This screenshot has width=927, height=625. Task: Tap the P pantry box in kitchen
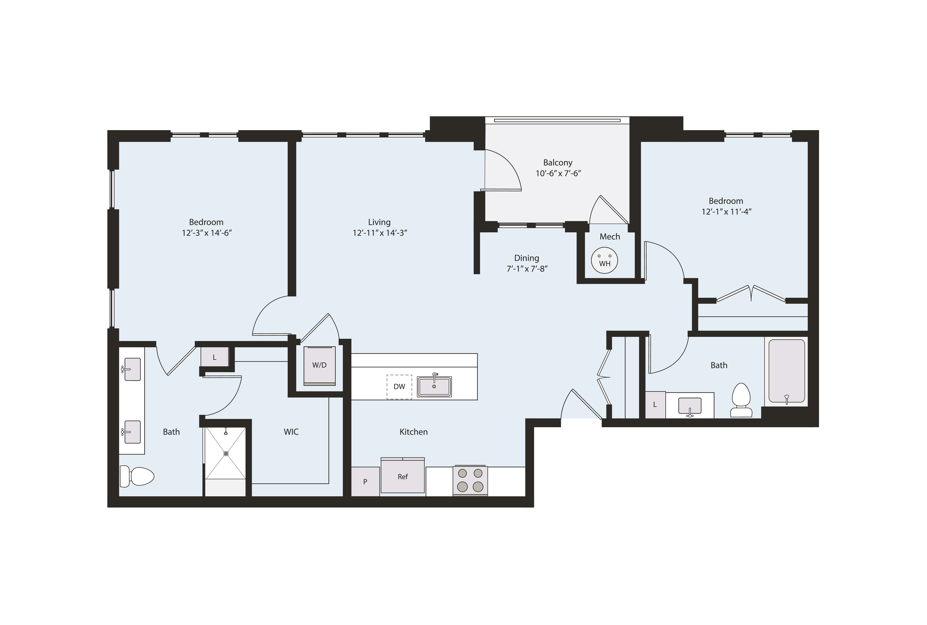365,481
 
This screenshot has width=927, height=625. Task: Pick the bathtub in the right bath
786,371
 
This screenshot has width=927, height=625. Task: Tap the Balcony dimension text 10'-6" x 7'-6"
558,173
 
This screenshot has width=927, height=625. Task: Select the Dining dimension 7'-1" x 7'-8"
527,269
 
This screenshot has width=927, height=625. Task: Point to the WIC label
291,432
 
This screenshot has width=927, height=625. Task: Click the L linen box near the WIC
214,357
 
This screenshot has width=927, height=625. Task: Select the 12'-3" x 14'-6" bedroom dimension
207,233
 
